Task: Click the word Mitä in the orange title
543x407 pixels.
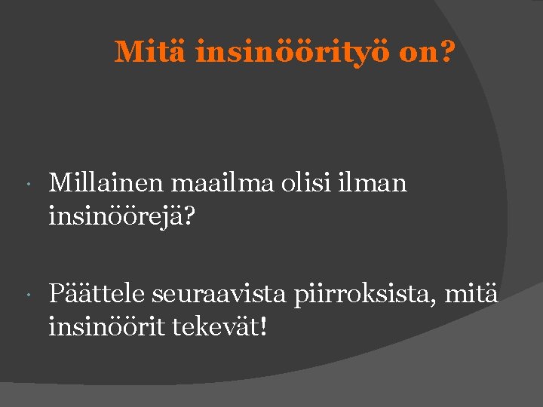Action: coord(151,52)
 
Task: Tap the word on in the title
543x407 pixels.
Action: coord(417,53)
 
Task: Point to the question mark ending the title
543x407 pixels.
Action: coord(448,52)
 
